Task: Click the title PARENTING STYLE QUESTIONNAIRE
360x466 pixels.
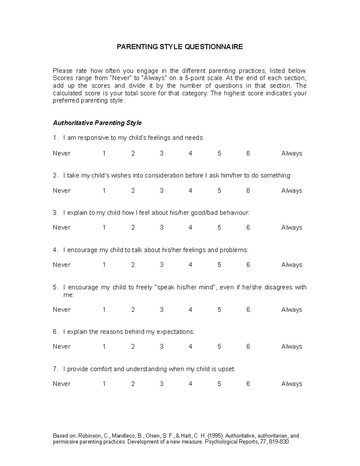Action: coord(180,47)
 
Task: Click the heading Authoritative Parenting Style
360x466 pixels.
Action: coord(97,123)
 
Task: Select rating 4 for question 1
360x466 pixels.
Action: coord(190,153)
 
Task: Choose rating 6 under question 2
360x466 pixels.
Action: coord(248,191)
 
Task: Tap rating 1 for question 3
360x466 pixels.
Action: coord(104,227)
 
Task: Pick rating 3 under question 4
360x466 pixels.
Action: coord(162,265)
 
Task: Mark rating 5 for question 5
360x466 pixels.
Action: coord(219,310)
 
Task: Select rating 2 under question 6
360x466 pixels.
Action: coord(133,347)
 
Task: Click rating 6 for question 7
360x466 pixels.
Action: coord(248,384)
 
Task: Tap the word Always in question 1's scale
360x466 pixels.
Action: coord(292,153)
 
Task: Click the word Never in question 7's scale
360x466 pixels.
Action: coord(61,384)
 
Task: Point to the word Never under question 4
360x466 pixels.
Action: coord(61,265)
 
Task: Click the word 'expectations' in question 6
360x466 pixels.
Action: coord(175,332)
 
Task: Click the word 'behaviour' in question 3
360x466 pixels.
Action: coord(234,213)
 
